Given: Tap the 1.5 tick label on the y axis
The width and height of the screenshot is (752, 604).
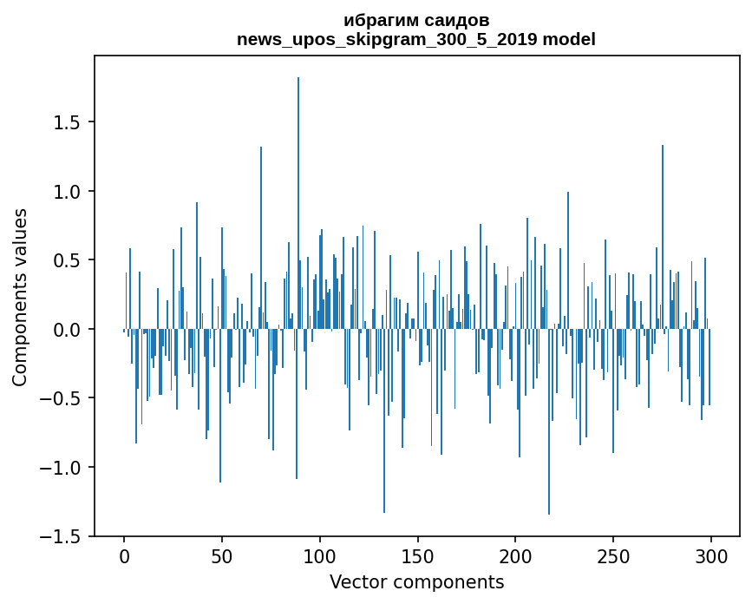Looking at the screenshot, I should [x=68, y=122].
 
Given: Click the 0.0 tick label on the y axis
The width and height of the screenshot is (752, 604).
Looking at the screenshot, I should [x=68, y=330].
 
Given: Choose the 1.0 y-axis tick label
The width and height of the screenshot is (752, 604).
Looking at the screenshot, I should [x=68, y=192].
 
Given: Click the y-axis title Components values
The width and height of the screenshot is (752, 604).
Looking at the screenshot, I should [x=20, y=297].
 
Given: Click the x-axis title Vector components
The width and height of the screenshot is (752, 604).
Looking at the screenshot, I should [x=416, y=582].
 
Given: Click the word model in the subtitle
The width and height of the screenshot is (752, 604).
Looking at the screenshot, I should [x=569, y=40].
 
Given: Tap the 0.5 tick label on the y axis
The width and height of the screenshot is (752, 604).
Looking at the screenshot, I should [x=68, y=260].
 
